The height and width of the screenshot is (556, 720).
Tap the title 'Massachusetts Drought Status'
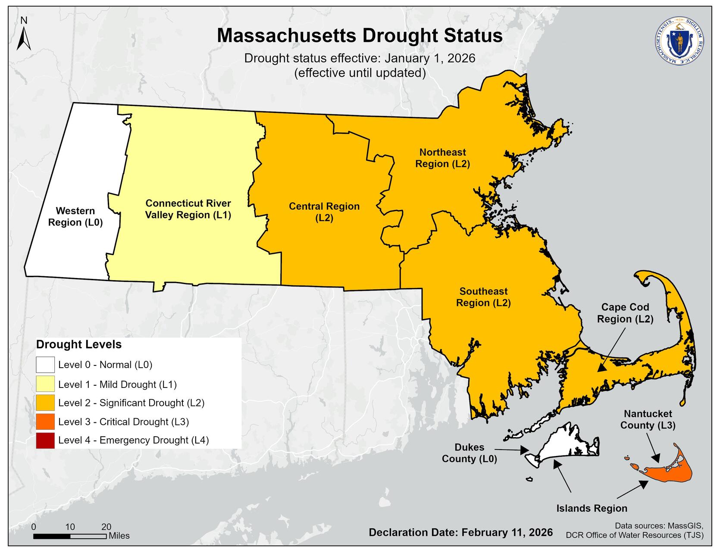(360, 35)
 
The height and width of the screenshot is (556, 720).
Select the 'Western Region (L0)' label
(75, 217)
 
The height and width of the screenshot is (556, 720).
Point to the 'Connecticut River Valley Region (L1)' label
(188, 209)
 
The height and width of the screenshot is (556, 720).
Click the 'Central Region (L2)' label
(324, 212)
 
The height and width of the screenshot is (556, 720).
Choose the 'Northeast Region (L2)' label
(442, 158)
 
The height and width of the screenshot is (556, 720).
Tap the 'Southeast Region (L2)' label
(483, 297)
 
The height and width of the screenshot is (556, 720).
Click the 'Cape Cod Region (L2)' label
(625, 313)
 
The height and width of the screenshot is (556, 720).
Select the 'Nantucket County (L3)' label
(648, 419)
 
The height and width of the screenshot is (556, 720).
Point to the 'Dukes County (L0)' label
(469, 453)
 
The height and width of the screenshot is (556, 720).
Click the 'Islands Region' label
(592, 509)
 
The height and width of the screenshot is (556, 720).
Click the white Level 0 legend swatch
(45, 365)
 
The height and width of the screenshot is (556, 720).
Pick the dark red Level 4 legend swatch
(45, 440)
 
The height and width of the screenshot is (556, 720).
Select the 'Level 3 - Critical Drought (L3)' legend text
(123, 422)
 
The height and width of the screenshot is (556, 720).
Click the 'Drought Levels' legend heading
(79, 345)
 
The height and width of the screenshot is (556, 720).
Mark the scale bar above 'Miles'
(70, 536)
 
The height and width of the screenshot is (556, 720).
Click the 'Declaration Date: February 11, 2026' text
(460, 532)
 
